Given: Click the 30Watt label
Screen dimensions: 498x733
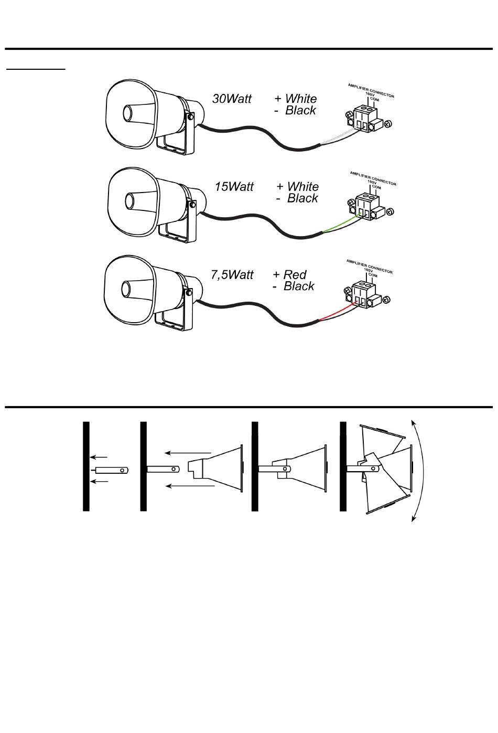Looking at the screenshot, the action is pos(232,99).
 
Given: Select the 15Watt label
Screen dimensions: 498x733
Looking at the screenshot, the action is pos(234,186).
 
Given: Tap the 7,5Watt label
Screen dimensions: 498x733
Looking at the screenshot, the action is pos(232,275).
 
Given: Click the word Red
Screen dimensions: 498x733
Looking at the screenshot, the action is pos(295,274).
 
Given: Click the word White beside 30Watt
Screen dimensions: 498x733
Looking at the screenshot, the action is pos(301,99).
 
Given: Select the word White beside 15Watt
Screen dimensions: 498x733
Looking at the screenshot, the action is pos(303,186).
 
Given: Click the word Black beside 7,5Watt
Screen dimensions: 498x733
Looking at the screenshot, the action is pos(299,286).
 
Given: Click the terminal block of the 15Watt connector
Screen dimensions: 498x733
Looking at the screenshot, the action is pos(367,207).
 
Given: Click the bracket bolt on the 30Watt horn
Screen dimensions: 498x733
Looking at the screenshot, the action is pos(190,116).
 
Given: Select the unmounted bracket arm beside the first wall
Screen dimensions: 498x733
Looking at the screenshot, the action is pos(110,470).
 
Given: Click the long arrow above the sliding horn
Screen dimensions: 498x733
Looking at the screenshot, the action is pos(188,453).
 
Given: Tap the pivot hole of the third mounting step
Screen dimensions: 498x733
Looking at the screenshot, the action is pos(285,469).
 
